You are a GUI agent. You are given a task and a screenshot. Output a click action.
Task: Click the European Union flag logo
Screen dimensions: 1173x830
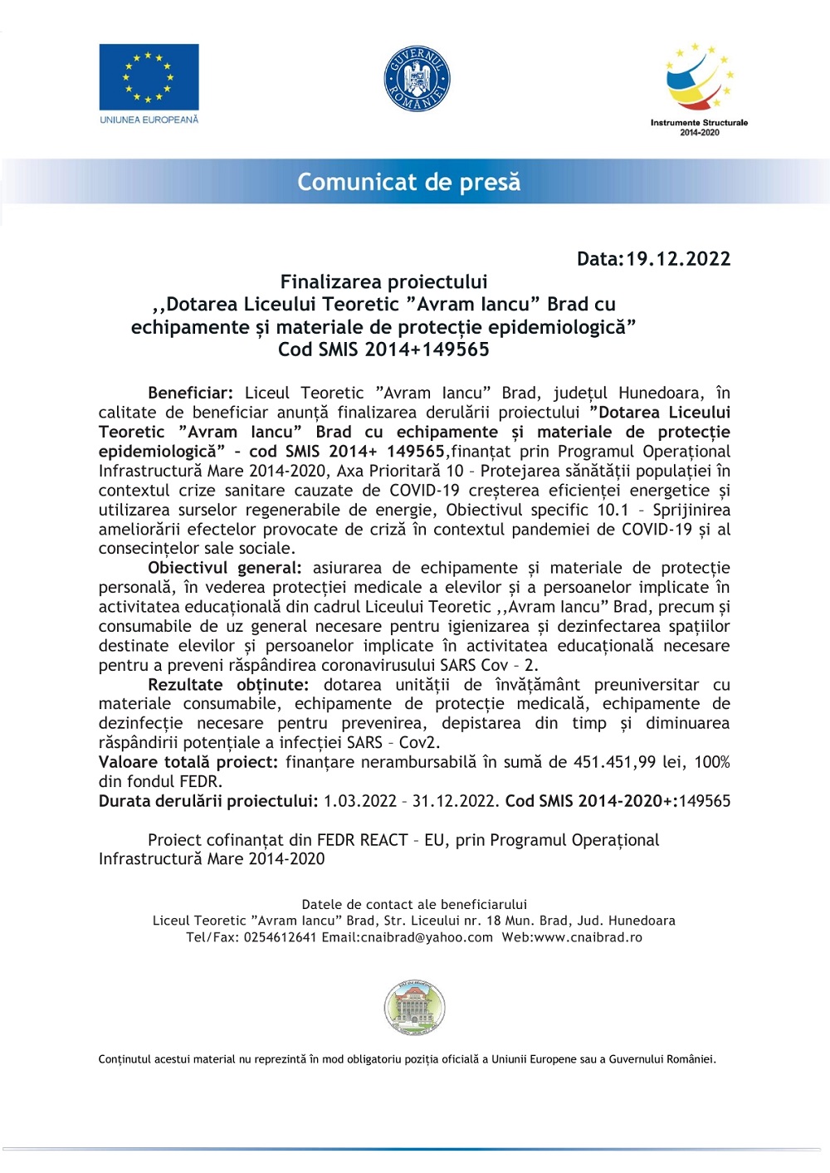(x=149, y=76)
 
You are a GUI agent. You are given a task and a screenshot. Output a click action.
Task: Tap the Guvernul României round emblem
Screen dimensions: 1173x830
(x=416, y=79)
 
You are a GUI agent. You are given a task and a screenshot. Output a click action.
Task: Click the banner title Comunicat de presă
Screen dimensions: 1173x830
(x=409, y=182)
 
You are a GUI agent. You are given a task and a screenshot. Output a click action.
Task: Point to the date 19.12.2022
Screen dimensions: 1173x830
(x=678, y=259)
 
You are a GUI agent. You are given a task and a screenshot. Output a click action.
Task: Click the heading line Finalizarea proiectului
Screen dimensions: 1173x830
(x=383, y=282)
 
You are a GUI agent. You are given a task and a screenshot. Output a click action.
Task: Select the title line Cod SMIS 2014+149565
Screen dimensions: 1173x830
(x=383, y=349)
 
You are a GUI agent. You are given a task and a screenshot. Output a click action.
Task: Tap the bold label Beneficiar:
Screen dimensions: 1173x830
(x=190, y=393)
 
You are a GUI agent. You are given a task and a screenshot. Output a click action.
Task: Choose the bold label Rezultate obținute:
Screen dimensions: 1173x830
(x=228, y=685)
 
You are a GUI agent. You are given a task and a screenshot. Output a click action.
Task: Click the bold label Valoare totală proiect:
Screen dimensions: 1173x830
(x=188, y=762)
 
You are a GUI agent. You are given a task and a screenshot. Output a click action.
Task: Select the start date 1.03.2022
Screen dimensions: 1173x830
(x=360, y=801)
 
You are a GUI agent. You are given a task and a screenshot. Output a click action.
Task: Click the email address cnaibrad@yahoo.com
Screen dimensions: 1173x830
(x=427, y=937)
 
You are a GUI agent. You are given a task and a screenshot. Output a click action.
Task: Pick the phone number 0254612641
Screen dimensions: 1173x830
(x=280, y=937)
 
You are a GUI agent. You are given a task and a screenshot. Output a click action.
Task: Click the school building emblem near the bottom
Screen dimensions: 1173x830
(x=415, y=1007)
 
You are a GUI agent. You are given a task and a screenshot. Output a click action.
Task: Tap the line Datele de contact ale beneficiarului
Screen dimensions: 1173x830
(x=414, y=904)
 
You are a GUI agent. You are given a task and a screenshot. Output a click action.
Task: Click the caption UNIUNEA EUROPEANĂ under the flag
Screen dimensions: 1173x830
(x=149, y=120)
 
